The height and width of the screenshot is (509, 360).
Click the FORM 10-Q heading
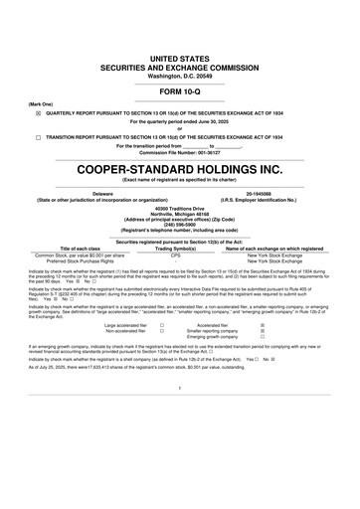180,91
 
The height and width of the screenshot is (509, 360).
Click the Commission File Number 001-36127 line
180,152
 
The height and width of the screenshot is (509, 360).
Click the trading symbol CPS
175,254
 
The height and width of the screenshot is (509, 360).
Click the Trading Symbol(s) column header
175,248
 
